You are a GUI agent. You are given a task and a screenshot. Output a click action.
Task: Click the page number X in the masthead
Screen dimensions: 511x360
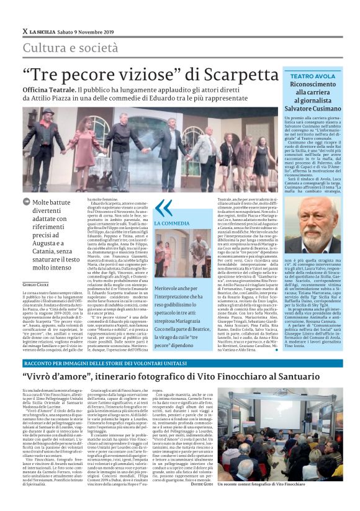[x=25, y=32]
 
